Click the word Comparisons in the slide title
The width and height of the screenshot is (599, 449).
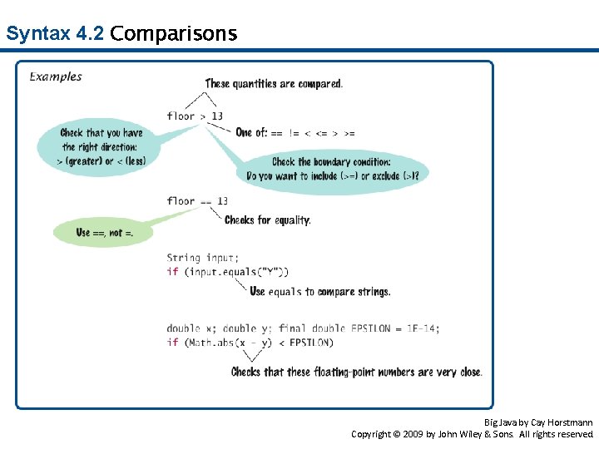point(173,34)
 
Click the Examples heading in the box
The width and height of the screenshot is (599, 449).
point(57,76)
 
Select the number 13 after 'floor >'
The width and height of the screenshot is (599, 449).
point(217,116)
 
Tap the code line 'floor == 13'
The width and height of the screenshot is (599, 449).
point(197,200)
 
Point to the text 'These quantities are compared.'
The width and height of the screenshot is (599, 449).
point(274,83)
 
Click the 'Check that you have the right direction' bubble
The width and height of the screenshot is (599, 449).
point(101,146)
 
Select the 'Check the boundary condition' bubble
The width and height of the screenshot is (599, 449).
point(332,168)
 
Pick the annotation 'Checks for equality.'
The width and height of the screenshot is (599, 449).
point(267,220)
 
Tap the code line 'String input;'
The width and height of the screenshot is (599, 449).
point(202,258)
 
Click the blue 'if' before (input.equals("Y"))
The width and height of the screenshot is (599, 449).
point(172,272)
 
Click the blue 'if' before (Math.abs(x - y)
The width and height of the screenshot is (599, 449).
point(172,343)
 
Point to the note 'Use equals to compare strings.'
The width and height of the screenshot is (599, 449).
point(319,292)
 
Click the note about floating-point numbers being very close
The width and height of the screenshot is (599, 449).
point(356,372)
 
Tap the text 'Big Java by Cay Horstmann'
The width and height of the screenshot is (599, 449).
point(538,422)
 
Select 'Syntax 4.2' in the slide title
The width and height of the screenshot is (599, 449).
point(54,34)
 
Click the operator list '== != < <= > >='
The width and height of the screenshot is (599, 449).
point(313,133)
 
